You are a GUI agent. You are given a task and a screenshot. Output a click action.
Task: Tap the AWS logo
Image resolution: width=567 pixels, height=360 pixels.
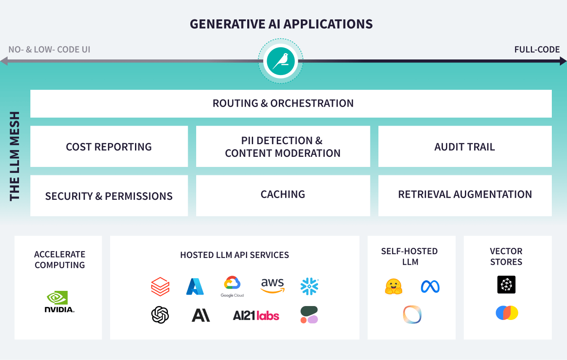pos(273,286)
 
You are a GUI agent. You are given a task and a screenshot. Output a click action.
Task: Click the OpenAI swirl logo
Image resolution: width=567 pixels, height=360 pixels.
pos(160,314)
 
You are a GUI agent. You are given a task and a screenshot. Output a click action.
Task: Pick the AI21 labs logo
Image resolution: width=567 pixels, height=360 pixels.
pos(256,315)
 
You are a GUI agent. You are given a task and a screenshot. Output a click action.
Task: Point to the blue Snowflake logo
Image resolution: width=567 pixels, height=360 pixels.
pos(309,286)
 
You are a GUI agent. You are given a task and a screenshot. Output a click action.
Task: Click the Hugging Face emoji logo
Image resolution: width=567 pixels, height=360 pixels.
pos(393,287)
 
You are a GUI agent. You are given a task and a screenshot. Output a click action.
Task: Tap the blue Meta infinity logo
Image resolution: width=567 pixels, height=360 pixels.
pos(430,287)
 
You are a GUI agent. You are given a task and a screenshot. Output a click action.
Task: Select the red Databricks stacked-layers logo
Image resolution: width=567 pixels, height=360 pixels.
pos(160,287)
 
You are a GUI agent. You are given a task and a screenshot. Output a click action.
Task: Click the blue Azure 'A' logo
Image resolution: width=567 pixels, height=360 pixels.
pos(195,287)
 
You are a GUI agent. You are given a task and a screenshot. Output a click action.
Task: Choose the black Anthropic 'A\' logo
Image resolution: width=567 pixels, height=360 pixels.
pos(201,314)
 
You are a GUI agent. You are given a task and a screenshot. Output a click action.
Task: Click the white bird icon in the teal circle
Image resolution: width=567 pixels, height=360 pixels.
pos(281,62)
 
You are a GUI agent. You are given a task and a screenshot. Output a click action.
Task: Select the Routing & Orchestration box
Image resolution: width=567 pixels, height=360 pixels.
pos(291,103)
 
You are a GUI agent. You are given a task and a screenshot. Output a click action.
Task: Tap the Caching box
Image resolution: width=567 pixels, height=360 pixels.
pos(283,195)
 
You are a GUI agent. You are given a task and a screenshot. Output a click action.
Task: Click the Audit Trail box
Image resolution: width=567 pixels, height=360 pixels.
pos(464,146)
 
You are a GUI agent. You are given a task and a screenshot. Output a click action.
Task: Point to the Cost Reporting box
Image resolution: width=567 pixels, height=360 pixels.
pos(109,146)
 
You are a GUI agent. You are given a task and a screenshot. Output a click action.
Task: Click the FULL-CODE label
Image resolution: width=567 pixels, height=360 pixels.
pos(537,50)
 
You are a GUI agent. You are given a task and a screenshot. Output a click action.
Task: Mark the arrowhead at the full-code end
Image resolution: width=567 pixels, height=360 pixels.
pos(563,62)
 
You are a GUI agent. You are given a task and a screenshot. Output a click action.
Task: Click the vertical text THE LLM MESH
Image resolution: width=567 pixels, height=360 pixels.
pos(15,156)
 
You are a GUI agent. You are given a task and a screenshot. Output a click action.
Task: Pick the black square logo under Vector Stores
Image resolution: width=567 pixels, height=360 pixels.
pos(506,285)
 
